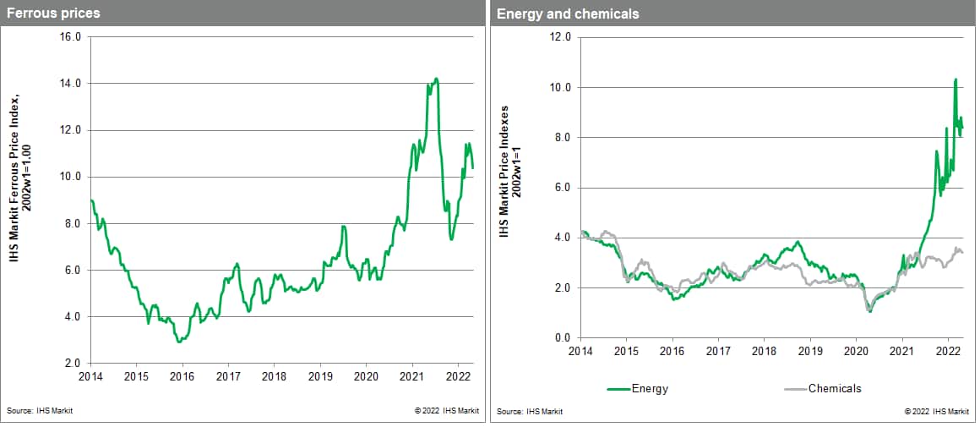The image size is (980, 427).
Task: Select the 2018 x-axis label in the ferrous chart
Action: [x=274, y=375]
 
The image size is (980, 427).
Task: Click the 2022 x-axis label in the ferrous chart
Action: [x=458, y=375]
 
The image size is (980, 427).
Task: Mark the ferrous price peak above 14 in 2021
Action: [x=436, y=79]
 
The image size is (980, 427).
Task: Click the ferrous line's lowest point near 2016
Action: [x=179, y=342]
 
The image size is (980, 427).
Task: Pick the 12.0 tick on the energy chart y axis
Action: [x=560, y=37]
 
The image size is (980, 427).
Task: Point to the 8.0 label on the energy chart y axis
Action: [x=563, y=138]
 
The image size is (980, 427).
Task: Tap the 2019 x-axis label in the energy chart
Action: [x=810, y=350]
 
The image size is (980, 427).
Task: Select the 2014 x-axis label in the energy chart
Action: [x=580, y=350]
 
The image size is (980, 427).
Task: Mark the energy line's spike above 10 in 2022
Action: [x=955, y=79]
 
